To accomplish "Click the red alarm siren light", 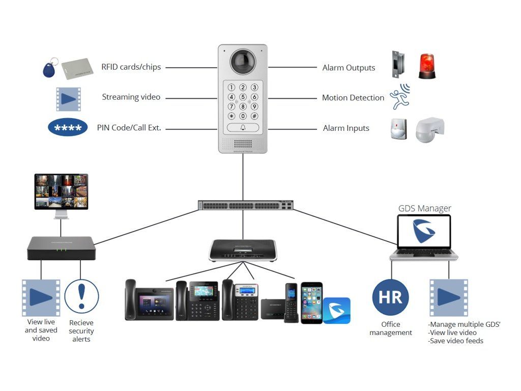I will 427,66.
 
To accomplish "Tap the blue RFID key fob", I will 49,69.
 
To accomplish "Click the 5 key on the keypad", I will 243,97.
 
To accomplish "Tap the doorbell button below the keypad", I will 243,128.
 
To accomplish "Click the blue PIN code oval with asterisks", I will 68,127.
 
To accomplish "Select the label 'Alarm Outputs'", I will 349,68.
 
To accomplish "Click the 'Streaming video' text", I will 131,97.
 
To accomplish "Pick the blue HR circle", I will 390,297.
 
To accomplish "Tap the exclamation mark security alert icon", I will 81,296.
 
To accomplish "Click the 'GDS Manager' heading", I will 424,208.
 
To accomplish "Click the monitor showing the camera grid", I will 61,191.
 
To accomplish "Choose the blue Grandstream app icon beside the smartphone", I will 337,310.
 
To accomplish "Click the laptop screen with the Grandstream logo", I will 424,232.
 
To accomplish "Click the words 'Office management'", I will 391,328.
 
